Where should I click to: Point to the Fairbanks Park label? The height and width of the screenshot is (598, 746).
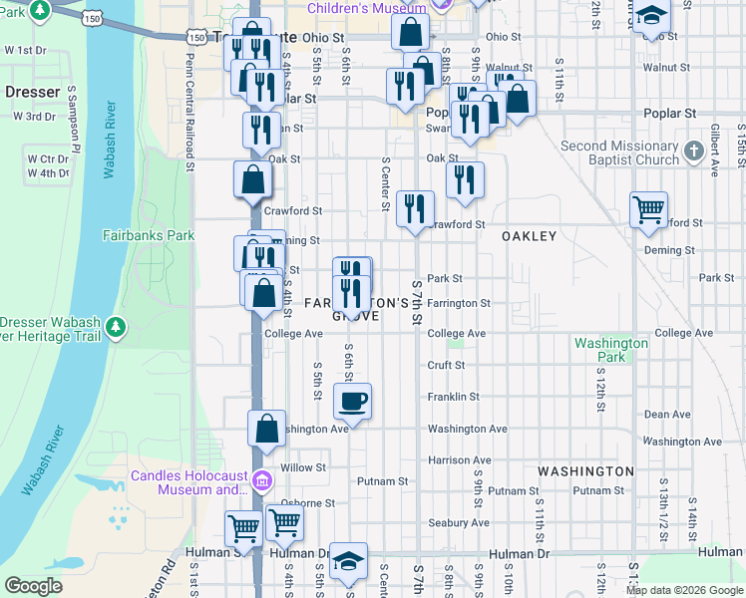click(x=148, y=236)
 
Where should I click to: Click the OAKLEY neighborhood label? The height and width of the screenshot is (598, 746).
click(x=529, y=236)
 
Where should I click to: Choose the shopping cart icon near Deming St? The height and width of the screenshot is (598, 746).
click(x=649, y=209)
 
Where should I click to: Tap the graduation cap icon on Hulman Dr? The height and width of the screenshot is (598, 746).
click(x=349, y=560)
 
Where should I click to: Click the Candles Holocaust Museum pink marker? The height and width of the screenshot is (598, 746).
click(x=262, y=481)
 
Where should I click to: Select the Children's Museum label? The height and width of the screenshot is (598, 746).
click(x=366, y=8)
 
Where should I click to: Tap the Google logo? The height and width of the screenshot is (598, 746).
click(x=33, y=586)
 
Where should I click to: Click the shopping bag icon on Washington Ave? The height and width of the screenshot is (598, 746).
click(x=266, y=429)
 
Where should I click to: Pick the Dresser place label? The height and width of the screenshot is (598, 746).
click(x=33, y=91)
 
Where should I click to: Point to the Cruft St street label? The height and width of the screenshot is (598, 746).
click(x=446, y=366)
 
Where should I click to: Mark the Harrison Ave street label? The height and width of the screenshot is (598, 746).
click(x=459, y=460)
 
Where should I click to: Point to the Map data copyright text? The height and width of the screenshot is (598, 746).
click(x=672, y=590)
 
